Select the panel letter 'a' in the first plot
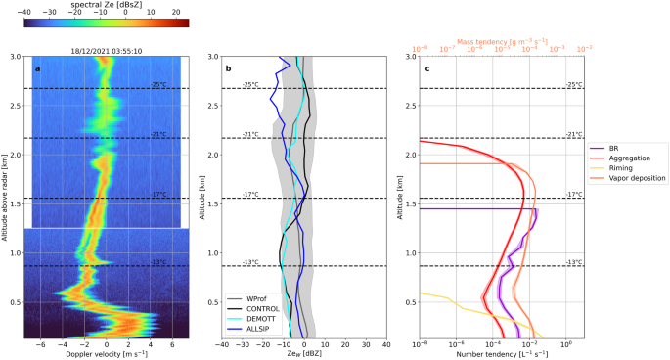[x=38, y=67]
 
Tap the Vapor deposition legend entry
[x=638, y=178]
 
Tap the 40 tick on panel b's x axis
[x=386, y=344]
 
